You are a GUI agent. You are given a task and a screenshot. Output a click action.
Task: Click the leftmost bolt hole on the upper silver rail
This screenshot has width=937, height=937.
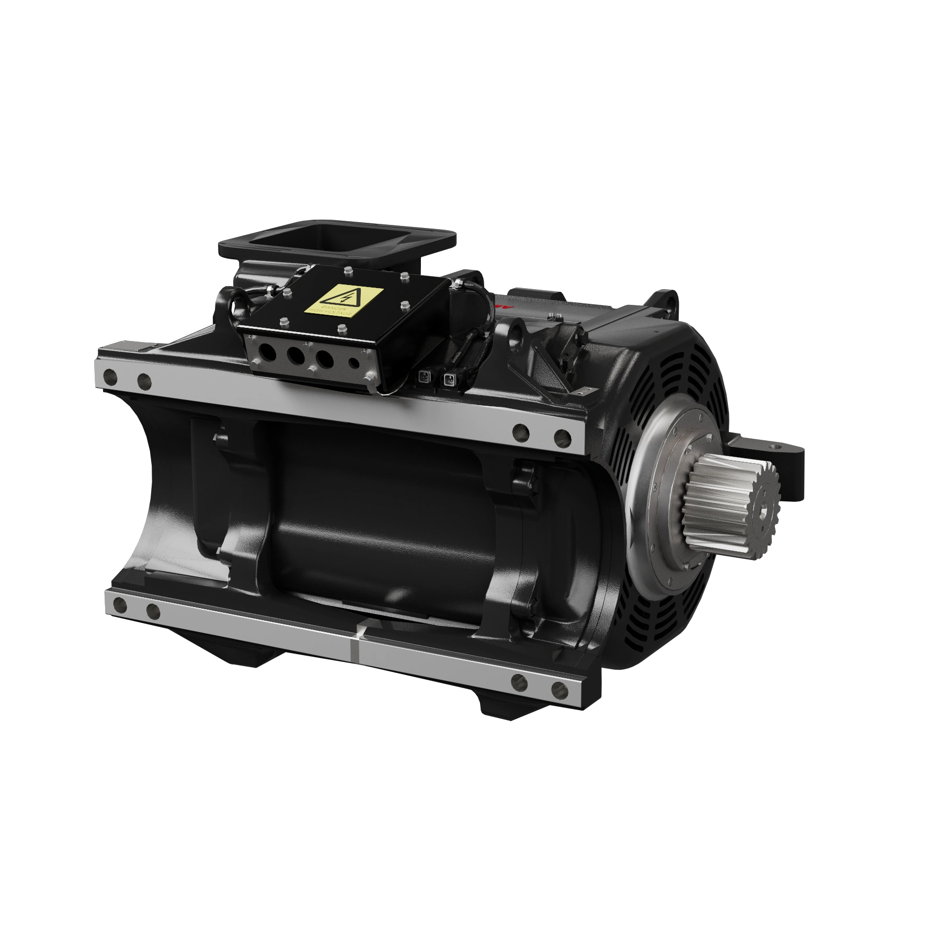111,375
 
